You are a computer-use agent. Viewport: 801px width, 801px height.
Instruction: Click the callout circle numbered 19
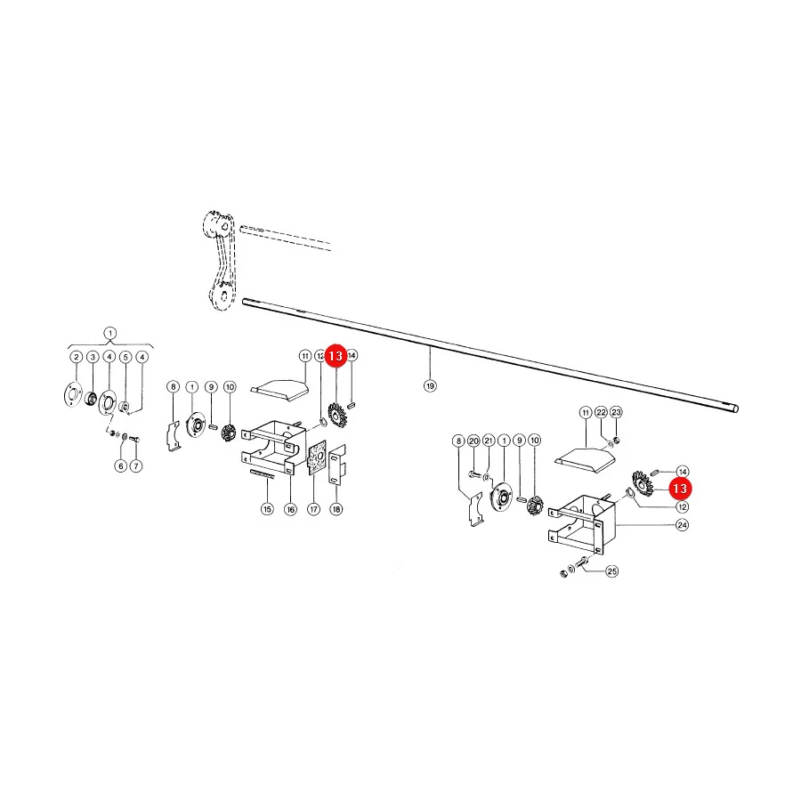pos(430,385)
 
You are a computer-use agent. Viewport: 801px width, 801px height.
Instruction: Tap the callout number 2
pos(77,357)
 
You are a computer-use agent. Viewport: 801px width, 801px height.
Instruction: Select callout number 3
pos(93,357)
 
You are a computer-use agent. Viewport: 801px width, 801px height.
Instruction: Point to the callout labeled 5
pos(125,357)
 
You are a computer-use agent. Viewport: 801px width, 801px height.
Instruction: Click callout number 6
pos(120,465)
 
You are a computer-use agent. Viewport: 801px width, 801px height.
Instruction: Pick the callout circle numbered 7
pos(136,465)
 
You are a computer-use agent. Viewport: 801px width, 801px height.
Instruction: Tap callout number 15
pos(267,509)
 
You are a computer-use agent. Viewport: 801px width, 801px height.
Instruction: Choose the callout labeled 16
pos(291,509)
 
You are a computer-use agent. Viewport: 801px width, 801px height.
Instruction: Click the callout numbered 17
pos(313,509)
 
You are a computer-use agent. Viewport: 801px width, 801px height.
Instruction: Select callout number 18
pos(336,509)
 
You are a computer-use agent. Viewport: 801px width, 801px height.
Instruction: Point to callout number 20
pos(473,441)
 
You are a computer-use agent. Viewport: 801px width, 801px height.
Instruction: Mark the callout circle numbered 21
pos(489,441)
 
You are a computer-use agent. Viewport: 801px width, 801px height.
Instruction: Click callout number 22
pos(602,412)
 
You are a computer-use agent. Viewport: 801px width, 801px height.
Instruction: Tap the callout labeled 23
pos(617,412)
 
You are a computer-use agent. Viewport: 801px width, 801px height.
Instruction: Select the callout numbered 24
pos(682,524)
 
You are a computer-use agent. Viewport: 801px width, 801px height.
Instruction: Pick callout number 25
pos(612,571)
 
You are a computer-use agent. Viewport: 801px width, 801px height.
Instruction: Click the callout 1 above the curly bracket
pos(109,333)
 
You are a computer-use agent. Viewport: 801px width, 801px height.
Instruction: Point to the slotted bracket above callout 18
pos(337,465)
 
